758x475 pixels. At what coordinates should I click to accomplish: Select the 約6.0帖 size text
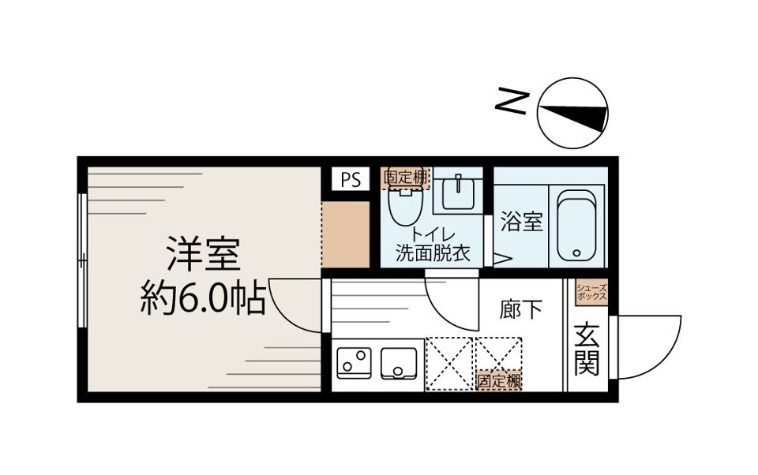203,299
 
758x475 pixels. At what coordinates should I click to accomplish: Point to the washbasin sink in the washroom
458,192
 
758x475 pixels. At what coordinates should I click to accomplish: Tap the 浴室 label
521,223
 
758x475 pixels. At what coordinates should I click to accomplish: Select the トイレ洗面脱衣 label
432,245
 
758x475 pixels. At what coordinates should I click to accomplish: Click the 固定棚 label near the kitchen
499,381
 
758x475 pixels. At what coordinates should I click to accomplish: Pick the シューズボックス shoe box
591,293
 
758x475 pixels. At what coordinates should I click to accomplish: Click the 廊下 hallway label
521,310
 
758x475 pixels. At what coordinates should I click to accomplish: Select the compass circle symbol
572,113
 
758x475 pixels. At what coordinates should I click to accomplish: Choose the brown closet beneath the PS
346,234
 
